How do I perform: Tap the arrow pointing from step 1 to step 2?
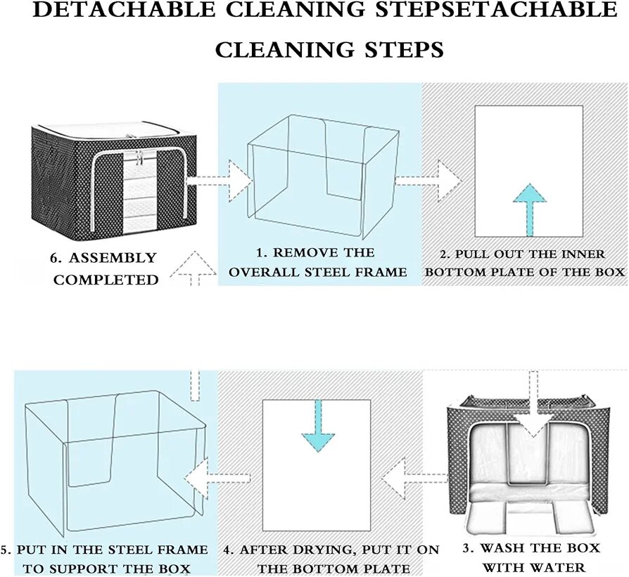point(428,180)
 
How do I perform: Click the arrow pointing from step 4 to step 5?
point(217,479)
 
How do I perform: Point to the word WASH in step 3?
point(506,548)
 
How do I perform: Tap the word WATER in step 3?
point(559,567)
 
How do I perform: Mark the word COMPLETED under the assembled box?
point(106,280)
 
